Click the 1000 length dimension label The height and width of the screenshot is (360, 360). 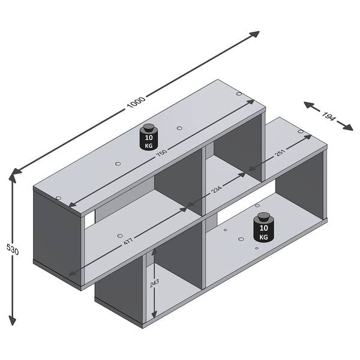tap(136, 103)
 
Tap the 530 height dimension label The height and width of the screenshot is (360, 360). tap(13, 250)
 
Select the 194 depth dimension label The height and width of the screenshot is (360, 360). tap(329, 116)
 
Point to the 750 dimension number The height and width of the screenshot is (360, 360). tap(161, 152)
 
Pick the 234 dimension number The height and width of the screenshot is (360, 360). tap(217, 190)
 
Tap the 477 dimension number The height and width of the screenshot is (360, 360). tap(128, 241)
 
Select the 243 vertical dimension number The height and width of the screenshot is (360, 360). tap(154, 283)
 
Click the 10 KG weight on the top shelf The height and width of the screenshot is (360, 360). tap(149, 137)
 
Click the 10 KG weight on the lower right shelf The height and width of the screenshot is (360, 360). tap(263, 227)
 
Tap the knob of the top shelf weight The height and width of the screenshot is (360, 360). tap(149, 127)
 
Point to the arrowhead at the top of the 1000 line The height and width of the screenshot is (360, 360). tap(254, 34)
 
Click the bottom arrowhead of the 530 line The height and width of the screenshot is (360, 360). tap(13, 320)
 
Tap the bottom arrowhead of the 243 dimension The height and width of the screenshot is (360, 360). tap(154, 314)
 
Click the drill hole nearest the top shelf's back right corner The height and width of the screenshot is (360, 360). tap(239, 94)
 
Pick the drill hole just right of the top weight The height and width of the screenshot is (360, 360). tap(179, 128)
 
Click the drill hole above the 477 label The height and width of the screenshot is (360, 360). tap(119, 236)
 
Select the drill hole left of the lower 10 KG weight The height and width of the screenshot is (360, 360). tap(241, 239)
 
